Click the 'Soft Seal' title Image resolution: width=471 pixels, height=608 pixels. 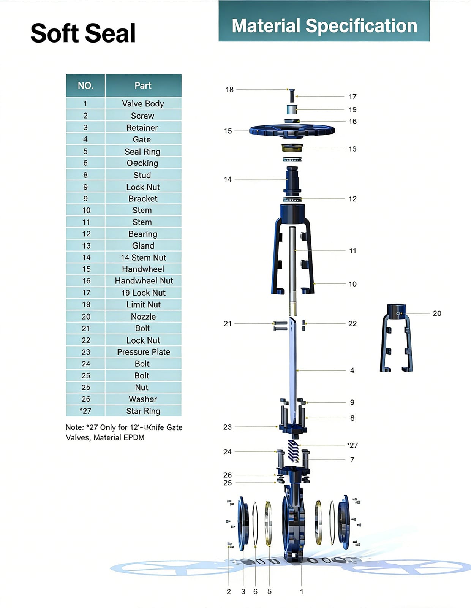(83, 33)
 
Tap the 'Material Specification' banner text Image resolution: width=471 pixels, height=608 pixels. (324, 26)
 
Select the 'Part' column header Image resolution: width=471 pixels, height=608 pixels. (143, 85)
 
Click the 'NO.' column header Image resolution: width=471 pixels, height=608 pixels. (85, 85)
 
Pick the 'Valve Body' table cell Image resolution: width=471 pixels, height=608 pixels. (143, 103)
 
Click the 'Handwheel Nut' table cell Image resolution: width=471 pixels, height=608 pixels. (144, 281)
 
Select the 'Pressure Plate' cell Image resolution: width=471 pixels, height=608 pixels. (143, 352)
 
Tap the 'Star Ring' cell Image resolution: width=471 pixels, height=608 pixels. (143, 411)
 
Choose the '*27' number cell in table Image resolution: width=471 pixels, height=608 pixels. (85, 411)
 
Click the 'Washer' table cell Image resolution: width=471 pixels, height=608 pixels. (143, 399)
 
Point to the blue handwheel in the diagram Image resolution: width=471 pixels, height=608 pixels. (292, 131)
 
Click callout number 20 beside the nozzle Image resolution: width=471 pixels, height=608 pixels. (437, 313)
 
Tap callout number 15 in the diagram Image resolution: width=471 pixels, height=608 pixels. (228, 131)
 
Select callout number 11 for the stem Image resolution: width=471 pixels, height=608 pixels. (352, 251)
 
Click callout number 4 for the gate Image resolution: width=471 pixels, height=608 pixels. (352, 370)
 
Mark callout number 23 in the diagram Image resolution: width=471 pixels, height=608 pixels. (227, 427)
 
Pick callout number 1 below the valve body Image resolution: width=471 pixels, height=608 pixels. (302, 592)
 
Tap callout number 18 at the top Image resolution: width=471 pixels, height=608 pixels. (229, 90)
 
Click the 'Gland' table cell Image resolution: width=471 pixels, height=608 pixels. (143, 246)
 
